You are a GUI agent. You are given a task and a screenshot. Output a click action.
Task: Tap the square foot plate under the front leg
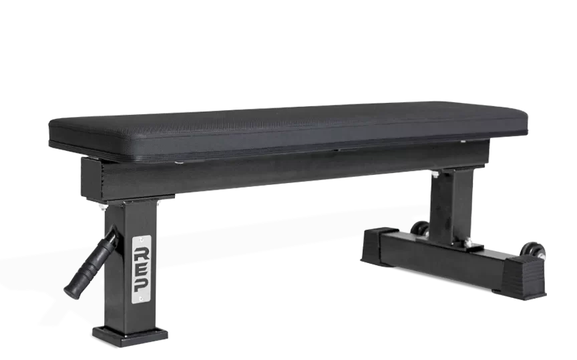tap(130, 333)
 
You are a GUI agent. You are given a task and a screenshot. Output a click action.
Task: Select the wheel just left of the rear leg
tap(420, 228)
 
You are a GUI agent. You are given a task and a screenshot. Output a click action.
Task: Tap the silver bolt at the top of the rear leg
tap(436, 175)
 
